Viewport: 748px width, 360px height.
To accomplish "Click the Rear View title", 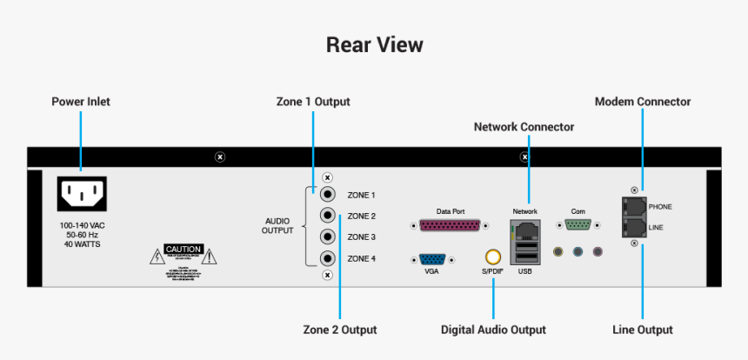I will pyautogui.click(x=374, y=44).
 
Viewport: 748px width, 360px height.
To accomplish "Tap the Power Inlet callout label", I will pyautogui.click(x=81, y=102).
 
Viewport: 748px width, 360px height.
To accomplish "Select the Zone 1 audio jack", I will pyautogui.click(x=328, y=195).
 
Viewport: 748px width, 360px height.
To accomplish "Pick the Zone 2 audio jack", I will pyautogui.click(x=328, y=216).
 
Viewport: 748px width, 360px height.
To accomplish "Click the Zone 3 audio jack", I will pyautogui.click(x=328, y=237).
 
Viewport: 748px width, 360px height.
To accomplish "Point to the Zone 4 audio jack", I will pyautogui.click(x=328, y=258).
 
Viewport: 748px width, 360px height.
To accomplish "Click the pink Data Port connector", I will pyautogui.click(x=450, y=225).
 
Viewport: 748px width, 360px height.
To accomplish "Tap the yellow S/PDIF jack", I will pyautogui.click(x=493, y=257).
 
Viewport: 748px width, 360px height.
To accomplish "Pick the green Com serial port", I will pyautogui.click(x=578, y=225).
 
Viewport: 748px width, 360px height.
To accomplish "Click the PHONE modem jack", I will pyautogui.click(x=634, y=207).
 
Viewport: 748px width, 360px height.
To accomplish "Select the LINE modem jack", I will pyautogui.click(x=634, y=226).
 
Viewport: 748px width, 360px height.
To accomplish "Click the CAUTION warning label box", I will pyautogui.click(x=184, y=249).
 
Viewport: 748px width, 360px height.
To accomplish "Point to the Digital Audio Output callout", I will pyautogui.click(x=493, y=330).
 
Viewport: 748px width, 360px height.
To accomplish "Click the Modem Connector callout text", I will pyautogui.click(x=642, y=102).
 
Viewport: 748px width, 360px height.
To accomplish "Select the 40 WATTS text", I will pyautogui.click(x=80, y=244).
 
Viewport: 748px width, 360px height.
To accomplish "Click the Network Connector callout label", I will pyautogui.click(x=524, y=127).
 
